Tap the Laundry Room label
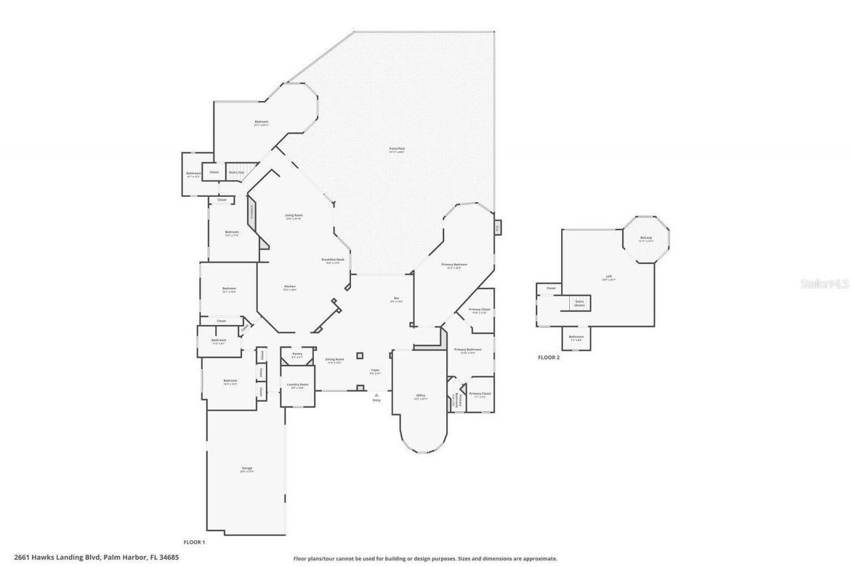(x=297, y=386)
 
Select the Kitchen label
(x=290, y=287)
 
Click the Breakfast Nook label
(x=332, y=261)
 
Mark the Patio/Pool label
(x=397, y=150)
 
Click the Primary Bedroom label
(x=454, y=265)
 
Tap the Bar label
(x=396, y=299)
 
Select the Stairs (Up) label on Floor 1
(x=237, y=172)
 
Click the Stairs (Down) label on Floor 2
(x=579, y=302)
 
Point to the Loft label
(x=608, y=278)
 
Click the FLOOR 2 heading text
(x=548, y=358)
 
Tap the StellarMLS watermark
(x=825, y=284)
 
